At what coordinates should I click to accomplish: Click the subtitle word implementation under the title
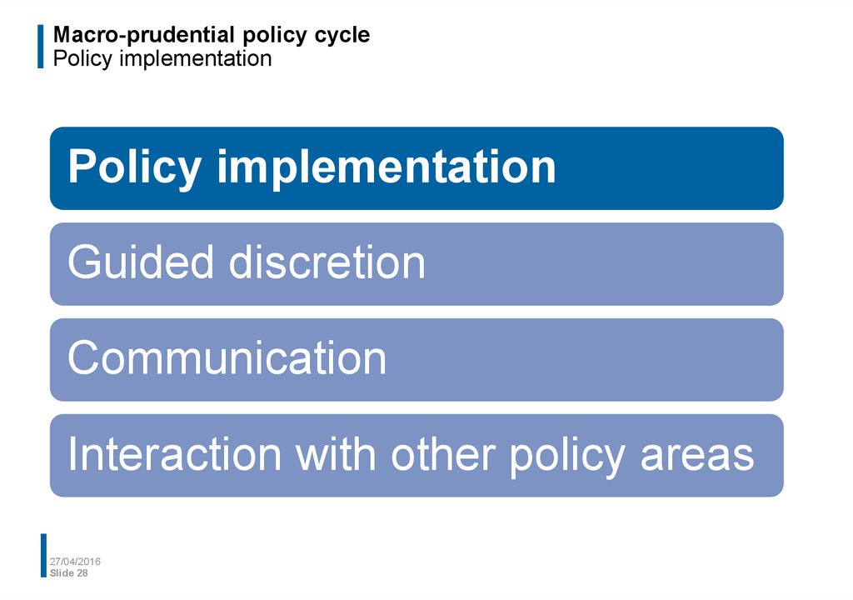[195, 58]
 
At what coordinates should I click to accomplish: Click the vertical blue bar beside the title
[40, 47]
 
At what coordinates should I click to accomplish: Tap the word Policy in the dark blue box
[135, 168]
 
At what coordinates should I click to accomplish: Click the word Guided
[140, 262]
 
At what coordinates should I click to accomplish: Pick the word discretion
[327, 262]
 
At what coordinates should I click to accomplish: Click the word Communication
[227, 357]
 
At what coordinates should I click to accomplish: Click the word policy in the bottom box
[566, 457]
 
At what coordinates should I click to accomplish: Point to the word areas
[697, 457]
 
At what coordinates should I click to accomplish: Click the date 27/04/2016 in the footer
[75, 562]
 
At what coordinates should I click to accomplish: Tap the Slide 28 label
[68, 572]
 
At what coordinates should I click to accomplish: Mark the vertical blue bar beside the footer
[43, 555]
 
